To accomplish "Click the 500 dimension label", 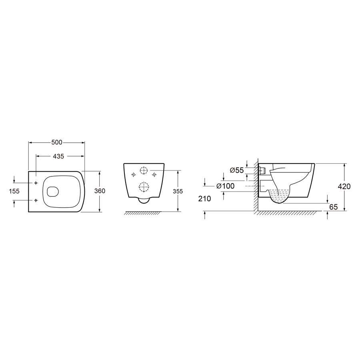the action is point(57,142).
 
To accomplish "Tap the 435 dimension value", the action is point(58,156).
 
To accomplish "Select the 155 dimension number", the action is point(14,191).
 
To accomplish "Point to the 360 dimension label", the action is point(100,191).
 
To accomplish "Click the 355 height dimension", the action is point(178,191).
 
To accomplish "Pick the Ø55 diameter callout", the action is point(237,170).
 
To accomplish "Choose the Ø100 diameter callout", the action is point(226,186).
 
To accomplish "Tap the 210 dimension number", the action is point(204,198).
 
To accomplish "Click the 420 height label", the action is point(344,186).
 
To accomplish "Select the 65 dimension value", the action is point(333,207).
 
